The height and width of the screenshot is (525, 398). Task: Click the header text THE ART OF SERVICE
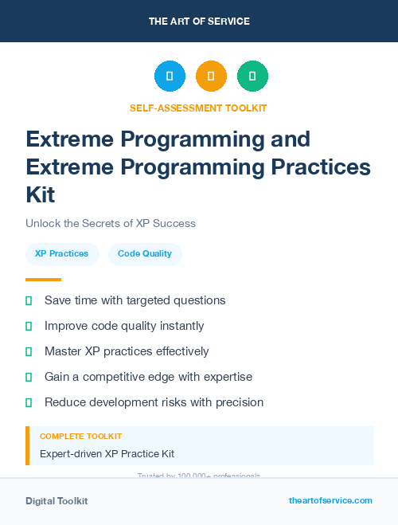click(x=199, y=22)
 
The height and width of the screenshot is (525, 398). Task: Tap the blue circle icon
click(x=170, y=76)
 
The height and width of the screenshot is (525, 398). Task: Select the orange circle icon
click(x=211, y=76)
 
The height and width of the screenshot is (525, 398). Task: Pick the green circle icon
click(x=252, y=76)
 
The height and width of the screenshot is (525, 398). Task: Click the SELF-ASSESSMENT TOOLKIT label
click(x=198, y=108)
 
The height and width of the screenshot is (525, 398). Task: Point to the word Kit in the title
click(x=41, y=194)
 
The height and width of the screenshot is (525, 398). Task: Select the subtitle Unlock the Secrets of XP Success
click(x=110, y=223)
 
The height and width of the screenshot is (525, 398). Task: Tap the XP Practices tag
click(x=62, y=254)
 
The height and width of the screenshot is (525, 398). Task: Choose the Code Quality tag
click(x=145, y=254)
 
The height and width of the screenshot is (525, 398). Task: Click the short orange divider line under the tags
click(x=43, y=280)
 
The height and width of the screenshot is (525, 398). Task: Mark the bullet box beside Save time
click(x=29, y=300)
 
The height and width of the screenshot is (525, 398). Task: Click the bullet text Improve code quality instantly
click(x=124, y=326)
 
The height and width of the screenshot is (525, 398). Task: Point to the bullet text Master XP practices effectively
click(x=127, y=351)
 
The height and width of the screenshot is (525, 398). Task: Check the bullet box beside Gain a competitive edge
click(x=29, y=377)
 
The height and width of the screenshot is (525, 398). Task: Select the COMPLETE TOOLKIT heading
click(x=80, y=437)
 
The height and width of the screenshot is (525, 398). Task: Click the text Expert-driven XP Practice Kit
click(x=107, y=454)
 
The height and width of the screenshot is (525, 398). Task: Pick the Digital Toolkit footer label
click(x=57, y=501)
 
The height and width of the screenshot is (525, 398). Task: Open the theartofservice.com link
click(x=330, y=500)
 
